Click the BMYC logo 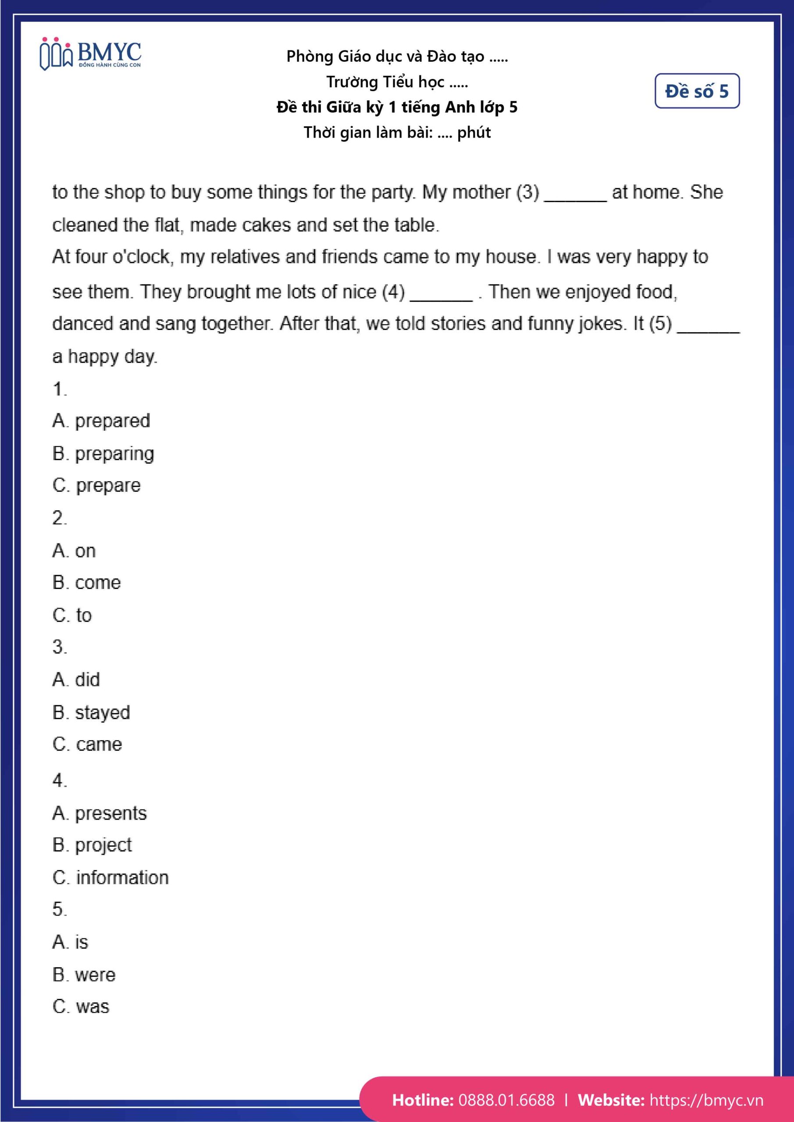[90, 54]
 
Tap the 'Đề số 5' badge [697, 91]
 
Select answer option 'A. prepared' [101, 421]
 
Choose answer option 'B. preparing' [103, 454]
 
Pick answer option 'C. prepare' [96, 485]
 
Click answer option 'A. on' [74, 551]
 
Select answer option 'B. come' [86, 582]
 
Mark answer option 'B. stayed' [91, 713]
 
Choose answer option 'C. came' [87, 744]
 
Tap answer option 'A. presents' [99, 813]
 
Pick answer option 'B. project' [92, 845]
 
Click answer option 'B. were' [84, 975]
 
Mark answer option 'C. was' [81, 1007]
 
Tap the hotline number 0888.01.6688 [506, 1100]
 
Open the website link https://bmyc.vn [706, 1100]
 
